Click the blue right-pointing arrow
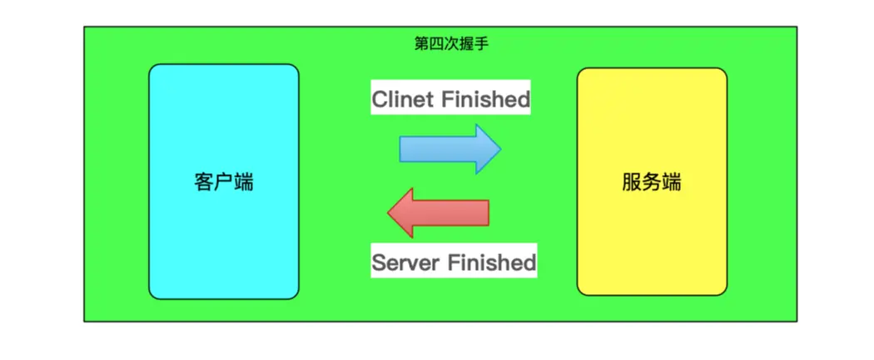click(x=449, y=148)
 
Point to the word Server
click(x=407, y=262)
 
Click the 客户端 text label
click(x=223, y=182)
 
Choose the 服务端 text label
click(x=651, y=182)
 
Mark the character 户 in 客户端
click(x=223, y=182)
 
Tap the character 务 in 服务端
click(x=651, y=182)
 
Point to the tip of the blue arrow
click(x=499, y=148)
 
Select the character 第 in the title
click(x=422, y=43)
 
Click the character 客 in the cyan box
click(x=204, y=182)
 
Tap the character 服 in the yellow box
click(x=632, y=182)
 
